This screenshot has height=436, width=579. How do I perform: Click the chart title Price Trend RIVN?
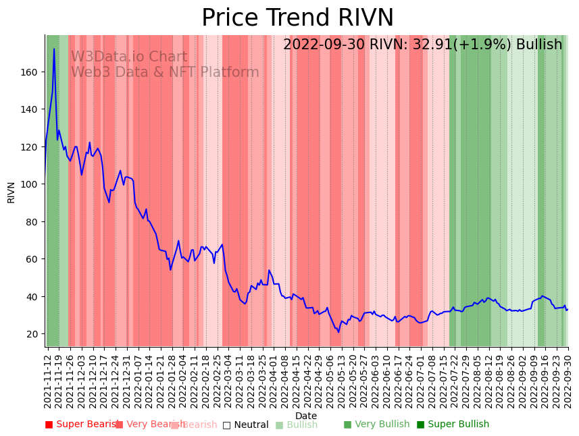coord(297,18)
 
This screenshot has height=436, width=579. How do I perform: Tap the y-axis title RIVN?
coord(11,192)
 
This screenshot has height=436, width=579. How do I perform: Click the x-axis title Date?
coord(305,416)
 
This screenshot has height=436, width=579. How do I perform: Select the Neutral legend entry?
coord(246,425)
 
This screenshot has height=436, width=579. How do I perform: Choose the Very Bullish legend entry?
coord(376,425)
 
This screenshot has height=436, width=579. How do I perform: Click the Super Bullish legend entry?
coord(453,425)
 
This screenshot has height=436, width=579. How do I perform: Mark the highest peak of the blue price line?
coord(54,49)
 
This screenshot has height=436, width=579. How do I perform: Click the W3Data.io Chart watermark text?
coord(129,57)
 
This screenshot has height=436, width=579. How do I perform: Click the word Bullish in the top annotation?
coord(538,45)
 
